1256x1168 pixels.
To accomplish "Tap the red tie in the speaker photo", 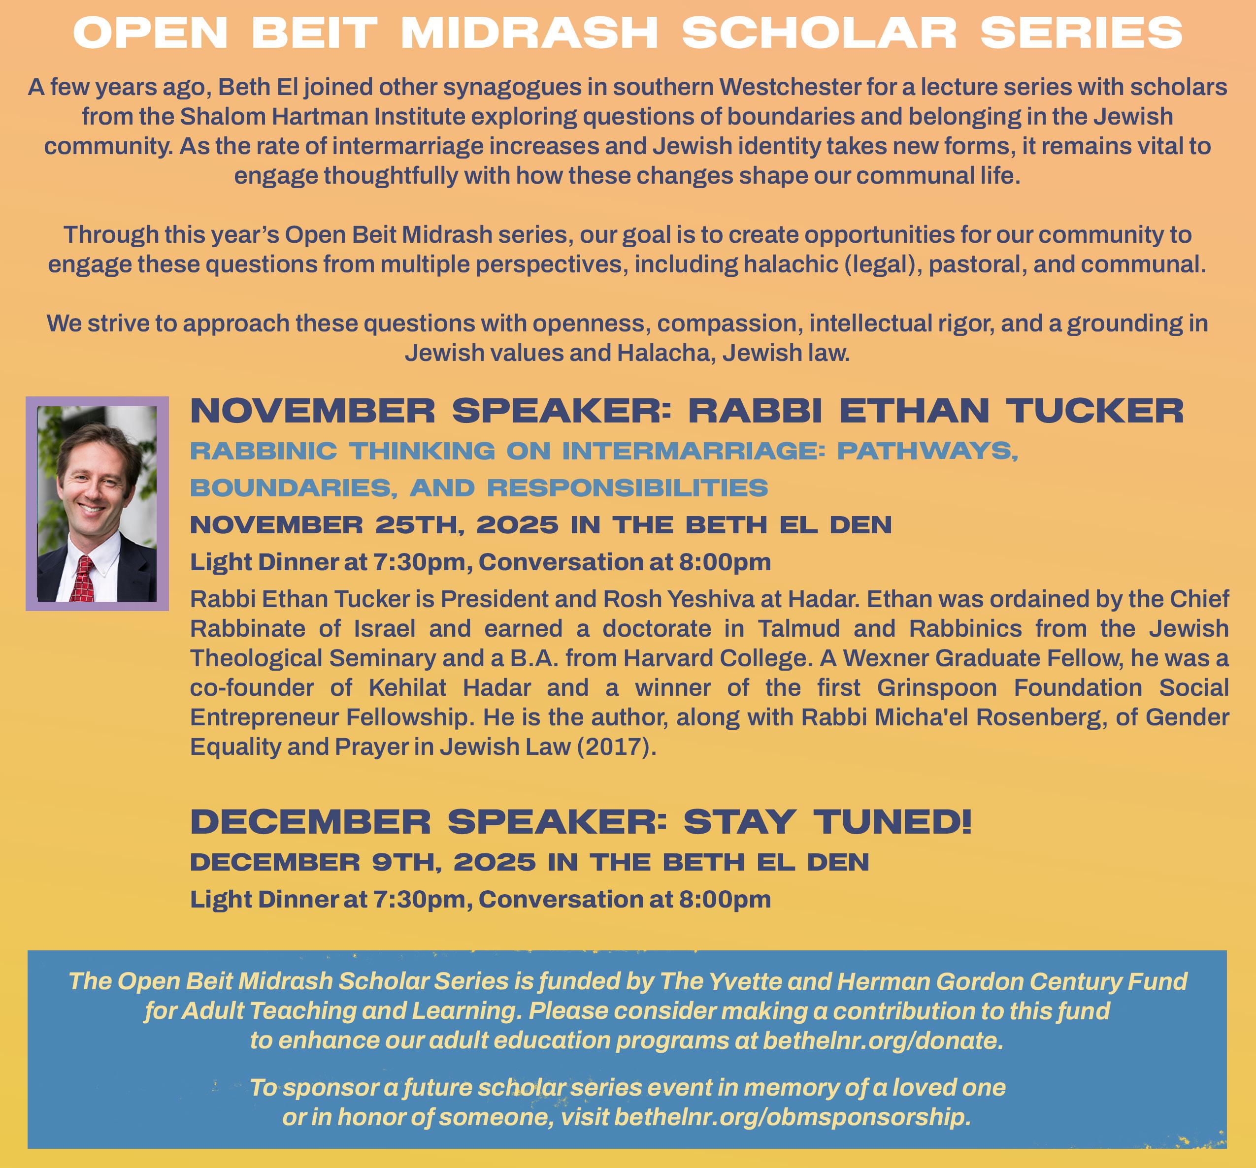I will click(83, 578).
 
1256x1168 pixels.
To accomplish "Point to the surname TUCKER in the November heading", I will click(1094, 411).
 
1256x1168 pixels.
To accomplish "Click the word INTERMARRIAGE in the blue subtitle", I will click(693, 451).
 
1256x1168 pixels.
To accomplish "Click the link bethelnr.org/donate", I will click(883, 1040).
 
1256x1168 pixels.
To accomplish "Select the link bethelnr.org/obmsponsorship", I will click(792, 1117).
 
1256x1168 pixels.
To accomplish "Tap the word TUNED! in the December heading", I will click(892, 822).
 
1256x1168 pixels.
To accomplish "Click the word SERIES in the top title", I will click(1081, 33).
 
